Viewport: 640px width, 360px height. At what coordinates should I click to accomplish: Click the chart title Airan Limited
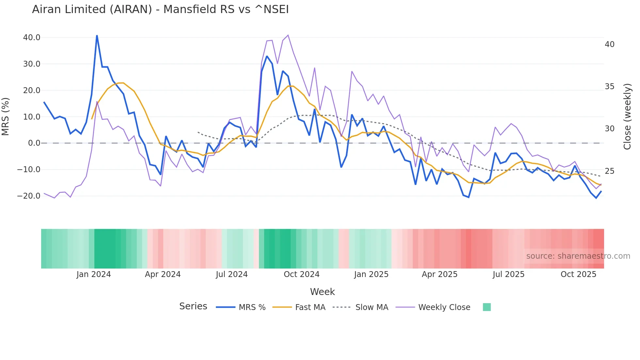[x=160, y=9]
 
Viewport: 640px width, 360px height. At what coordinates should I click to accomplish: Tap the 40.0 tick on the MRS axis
[x=32, y=38]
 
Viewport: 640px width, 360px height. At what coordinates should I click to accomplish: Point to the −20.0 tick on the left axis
[x=29, y=196]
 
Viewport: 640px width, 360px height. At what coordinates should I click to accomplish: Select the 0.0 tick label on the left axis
[x=34, y=143]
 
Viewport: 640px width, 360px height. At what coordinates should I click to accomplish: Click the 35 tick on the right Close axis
[x=609, y=87]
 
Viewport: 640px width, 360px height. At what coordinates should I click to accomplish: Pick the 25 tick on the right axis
[x=609, y=171]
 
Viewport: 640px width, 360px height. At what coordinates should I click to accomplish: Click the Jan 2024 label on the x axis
[x=94, y=274]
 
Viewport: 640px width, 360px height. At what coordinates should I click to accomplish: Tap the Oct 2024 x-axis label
[x=301, y=274]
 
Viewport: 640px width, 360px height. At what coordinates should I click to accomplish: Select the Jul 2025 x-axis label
[x=508, y=274]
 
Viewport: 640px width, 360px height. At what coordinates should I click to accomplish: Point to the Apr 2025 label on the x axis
[x=440, y=274]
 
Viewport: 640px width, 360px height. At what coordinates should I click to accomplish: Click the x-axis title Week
[x=322, y=292]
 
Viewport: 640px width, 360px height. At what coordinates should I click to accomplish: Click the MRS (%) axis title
[x=6, y=116]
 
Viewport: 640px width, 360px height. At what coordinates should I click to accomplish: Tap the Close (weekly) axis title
[x=627, y=117]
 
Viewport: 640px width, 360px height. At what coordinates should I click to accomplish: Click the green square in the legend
[x=487, y=307]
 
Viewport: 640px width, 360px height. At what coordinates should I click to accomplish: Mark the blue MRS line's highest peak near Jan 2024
[x=97, y=36]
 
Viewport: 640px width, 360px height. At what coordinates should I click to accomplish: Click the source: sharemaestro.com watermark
[x=578, y=256]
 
